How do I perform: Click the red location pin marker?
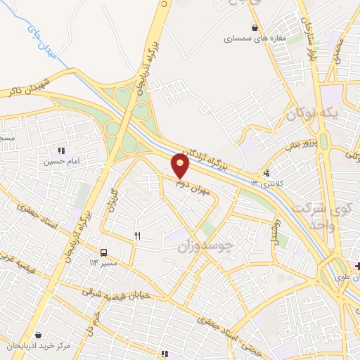181,165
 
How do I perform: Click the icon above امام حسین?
61,150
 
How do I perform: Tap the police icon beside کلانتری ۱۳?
266,173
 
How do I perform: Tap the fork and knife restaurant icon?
137,236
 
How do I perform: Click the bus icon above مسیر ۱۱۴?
104,252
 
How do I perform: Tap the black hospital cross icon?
358,265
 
